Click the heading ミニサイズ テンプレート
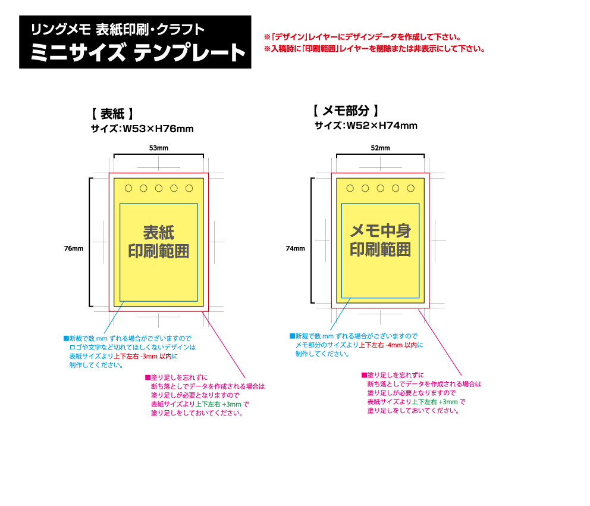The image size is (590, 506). click(x=138, y=53)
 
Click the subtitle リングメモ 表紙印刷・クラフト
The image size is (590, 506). click(x=118, y=29)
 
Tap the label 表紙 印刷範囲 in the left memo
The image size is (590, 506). click(x=159, y=241)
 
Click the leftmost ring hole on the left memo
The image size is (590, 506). click(x=128, y=188)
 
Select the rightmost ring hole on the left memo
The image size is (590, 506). click(x=189, y=188)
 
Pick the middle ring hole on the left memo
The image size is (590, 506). click(x=159, y=188)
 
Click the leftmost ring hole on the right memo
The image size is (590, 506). click(x=350, y=188)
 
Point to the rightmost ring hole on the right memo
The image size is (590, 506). click(x=410, y=188)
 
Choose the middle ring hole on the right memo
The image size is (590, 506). click(x=381, y=188)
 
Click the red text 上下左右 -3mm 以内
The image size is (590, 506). click(x=143, y=356)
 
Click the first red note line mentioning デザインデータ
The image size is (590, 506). click(x=363, y=37)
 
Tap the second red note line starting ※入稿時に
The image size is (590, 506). click(x=375, y=49)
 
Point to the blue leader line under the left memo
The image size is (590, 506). click(x=113, y=318)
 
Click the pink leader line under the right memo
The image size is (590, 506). click(x=440, y=342)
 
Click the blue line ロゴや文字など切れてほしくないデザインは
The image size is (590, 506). click(x=133, y=347)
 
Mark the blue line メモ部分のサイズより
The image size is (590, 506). click(x=327, y=345)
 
